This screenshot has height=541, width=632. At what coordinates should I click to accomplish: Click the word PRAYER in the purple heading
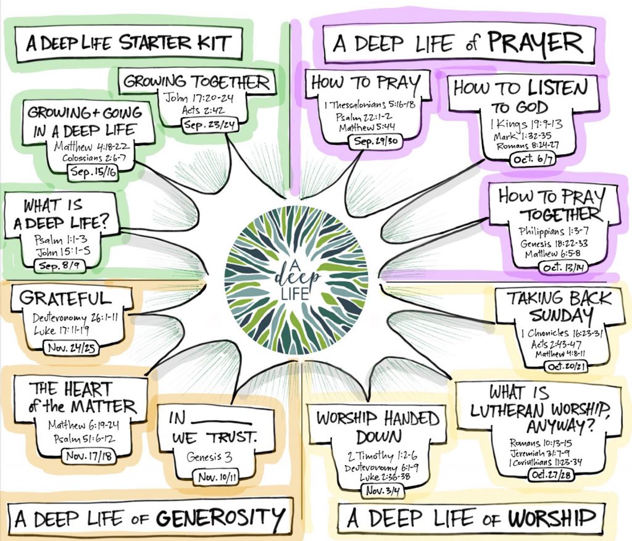[534, 43]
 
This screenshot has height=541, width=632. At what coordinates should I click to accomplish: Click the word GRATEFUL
[65, 299]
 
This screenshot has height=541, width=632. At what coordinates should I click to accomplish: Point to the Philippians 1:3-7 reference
[550, 234]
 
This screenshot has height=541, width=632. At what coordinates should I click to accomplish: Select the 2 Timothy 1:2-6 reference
[374, 456]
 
